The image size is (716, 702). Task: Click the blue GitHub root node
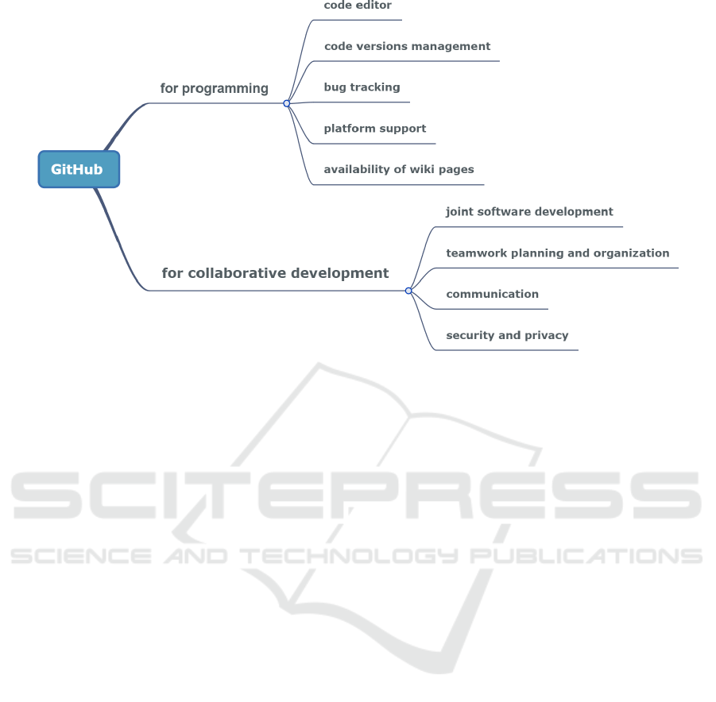[x=79, y=169]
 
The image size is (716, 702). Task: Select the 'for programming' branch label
[x=214, y=88]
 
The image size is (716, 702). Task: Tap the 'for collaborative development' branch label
[x=275, y=273]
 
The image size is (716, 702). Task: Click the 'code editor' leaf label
[x=358, y=6]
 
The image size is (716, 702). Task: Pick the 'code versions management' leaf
[x=407, y=46]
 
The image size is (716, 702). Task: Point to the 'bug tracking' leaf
[x=362, y=87]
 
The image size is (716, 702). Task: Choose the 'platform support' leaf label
[x=374, y=129]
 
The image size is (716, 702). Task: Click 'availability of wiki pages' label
[x=399, y=169]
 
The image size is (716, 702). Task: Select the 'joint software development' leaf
[x=529, y=212]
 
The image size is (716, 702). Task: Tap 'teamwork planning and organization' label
[x=557, y=253]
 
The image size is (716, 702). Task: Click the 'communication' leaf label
[x=492, y=294]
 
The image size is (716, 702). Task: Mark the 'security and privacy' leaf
[x=507, y=335]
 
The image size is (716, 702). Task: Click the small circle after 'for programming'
[x=287, y=103]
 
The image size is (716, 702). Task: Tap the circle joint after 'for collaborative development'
[x=408, y=291]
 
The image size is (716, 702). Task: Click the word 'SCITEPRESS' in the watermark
[x=358, y=496]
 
